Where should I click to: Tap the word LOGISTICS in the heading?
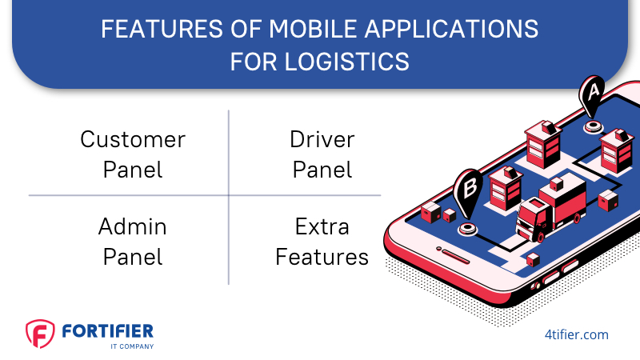coord(346,62)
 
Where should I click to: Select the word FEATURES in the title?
coord(162,29)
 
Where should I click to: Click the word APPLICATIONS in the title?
coord(451,29)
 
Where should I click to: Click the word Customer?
coord(133,139)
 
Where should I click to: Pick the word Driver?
coord(322,139)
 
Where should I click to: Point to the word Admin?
coord(133,226)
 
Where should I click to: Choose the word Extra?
coord(322,226)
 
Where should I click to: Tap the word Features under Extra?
coord(322,257)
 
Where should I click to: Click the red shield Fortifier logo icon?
coord(40,334)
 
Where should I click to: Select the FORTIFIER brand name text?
coord(108,331)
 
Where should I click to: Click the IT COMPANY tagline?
coord(132,346)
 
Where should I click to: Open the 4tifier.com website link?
coord(576,334)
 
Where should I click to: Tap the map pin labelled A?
coord(592,94)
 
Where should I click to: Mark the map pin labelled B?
coord(468,191)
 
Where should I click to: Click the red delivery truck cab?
coord(534,218)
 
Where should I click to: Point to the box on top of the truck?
coord(556,184)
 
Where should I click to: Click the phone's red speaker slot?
coord(455,256)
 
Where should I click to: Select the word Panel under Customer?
coord(133,170)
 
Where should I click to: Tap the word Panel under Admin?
coord(133,257)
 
